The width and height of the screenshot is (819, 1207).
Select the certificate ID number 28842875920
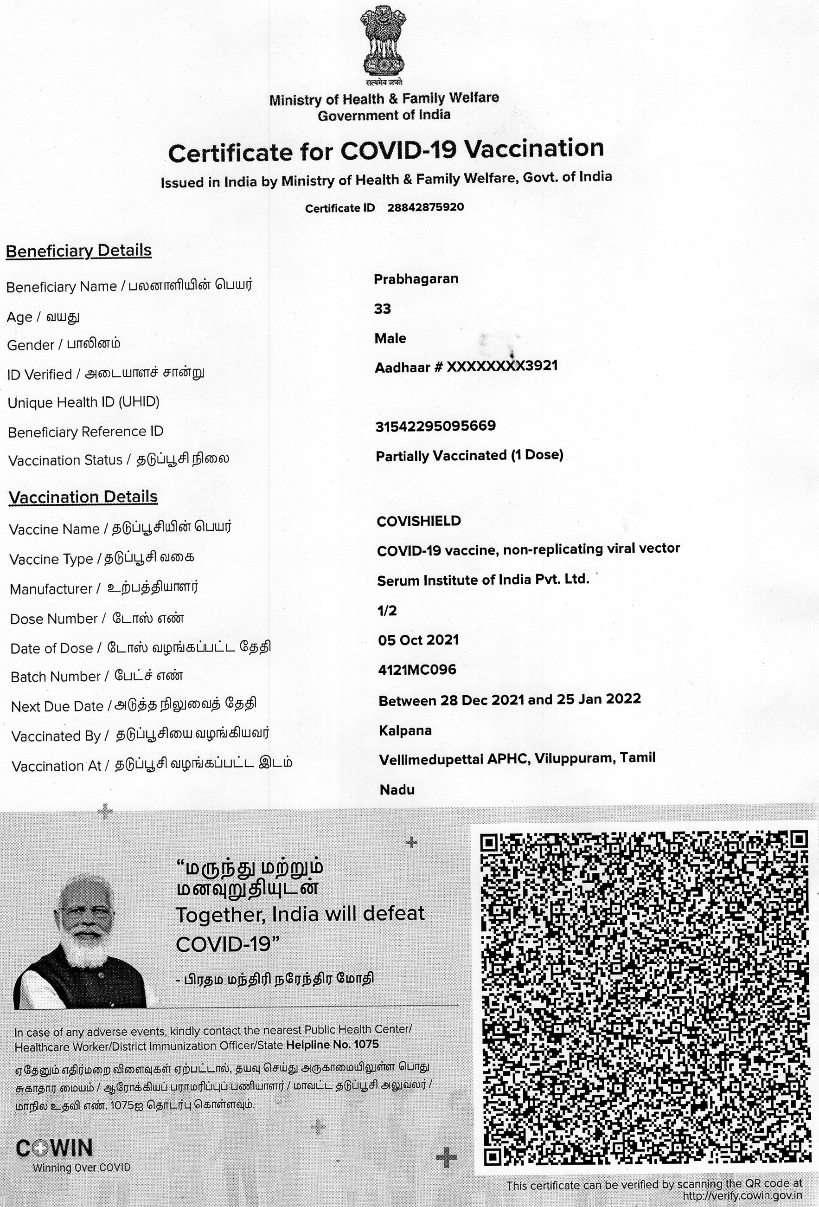coord(426,207)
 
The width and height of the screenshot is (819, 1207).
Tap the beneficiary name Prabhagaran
coord(416,279)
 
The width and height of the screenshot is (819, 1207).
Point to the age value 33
coord(383,309)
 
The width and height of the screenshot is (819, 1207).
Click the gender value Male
coord(390,339)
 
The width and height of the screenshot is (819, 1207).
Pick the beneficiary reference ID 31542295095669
coord(435,426)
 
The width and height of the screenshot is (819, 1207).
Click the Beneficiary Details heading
coord(79,251)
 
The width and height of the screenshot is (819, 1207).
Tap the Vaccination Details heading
coord(83,497)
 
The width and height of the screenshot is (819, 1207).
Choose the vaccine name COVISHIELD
coord(419,521)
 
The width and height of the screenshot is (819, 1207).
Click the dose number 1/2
coord(387,611)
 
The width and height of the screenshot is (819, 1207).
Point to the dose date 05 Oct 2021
coord(418,640)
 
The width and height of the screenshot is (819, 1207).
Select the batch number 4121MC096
coord(417,670)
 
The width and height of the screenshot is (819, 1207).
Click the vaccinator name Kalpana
coord(405,731)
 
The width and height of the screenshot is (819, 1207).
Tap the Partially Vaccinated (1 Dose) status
coord(469,456)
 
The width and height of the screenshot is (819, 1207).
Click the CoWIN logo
coord(55,1149)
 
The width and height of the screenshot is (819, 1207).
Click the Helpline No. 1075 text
coord(332,1045)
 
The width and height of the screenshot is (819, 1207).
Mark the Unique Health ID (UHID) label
coord(83,402)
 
